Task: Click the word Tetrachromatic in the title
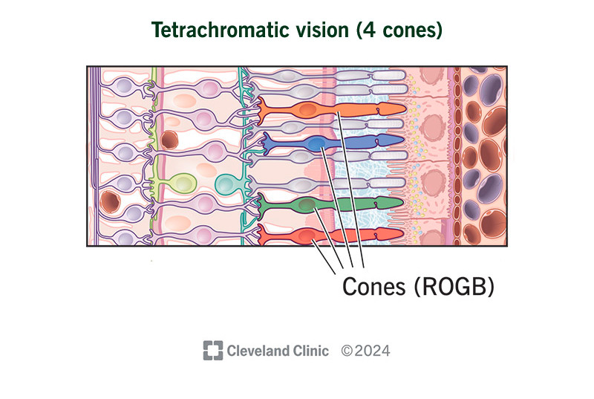pos(212,30)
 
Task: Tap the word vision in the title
pos(314,30)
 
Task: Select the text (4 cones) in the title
pos(399,30)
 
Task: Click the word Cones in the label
pos(374,287)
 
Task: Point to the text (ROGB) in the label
pos(454,287)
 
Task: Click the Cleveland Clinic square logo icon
pos(213,351)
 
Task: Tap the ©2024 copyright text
pos(365,351)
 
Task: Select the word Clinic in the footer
pos(312,351)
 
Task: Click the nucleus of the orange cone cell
pos(307,110)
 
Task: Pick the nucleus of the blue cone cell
pos(316,143)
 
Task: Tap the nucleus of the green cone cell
pos(307,204)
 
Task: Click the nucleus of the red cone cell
pos(307,236)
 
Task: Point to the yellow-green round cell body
pos(183,184)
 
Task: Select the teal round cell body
pos(226,184)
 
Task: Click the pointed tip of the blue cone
pos(404,140)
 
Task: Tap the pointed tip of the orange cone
pos(405,109)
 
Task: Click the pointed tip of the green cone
pos(403,202)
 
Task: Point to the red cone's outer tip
pos(404,234)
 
